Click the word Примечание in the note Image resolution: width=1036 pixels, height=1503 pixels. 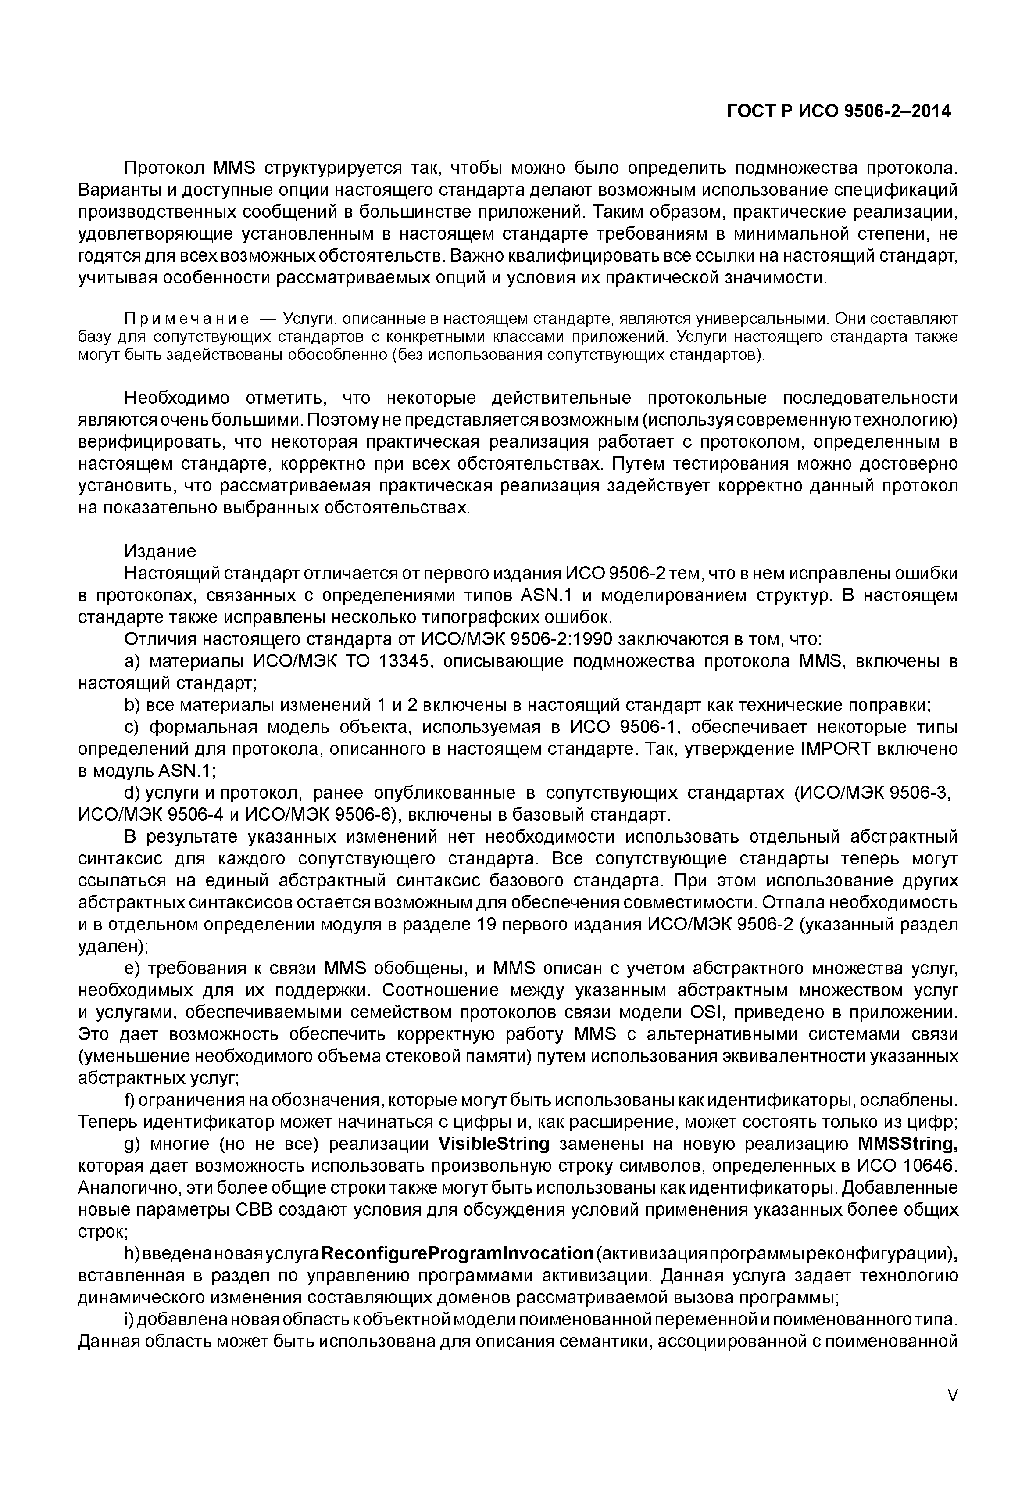pyautogui.click(x=186, y=319)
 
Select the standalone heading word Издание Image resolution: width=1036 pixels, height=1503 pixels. pyautogui.click(x=160, y=552)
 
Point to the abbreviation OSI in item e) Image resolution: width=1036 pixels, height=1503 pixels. pyautogui.click(x=697, y=1013)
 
